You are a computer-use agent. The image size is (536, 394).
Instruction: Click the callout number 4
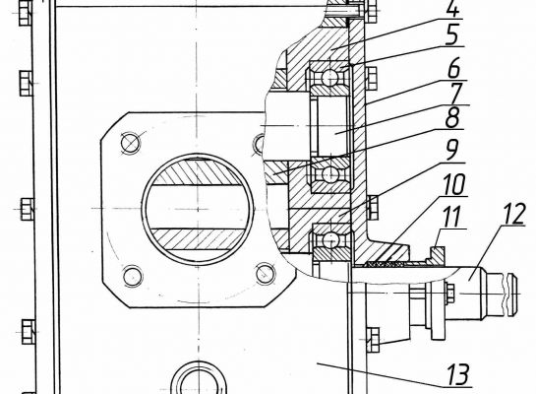tap(452, 9)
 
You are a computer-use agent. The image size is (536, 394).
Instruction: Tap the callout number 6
tap(454, 69)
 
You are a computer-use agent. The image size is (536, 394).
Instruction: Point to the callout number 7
tap(456, 94)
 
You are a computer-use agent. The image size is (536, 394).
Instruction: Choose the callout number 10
tap(454, 185)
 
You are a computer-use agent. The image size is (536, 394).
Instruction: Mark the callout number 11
tap(451, 217)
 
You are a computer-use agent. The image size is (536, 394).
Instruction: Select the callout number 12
tap(513, 215)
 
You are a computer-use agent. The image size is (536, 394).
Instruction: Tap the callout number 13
tap(458, 375)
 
